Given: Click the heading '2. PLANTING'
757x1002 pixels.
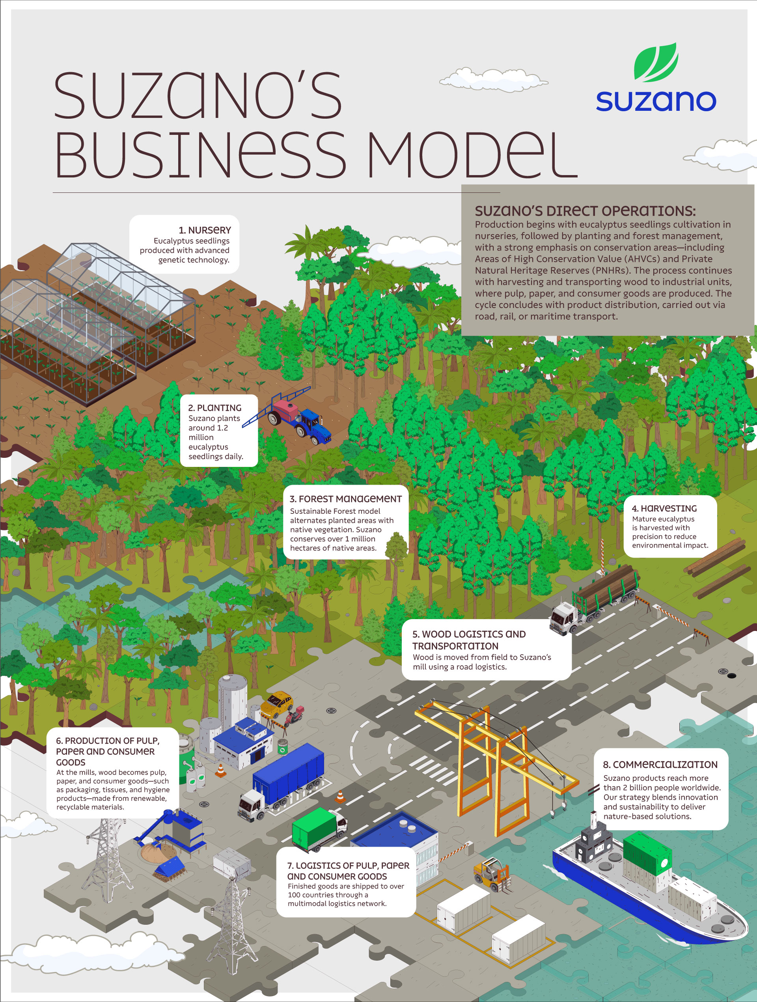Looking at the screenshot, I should click(215, 408).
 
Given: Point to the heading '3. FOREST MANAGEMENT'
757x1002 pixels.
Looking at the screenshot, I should click(346, 499).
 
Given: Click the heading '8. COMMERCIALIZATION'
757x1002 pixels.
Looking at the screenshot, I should click(660, 765).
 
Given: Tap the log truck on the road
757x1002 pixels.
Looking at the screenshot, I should click(594, 598).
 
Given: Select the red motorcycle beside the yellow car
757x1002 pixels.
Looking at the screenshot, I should click(294, 716).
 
